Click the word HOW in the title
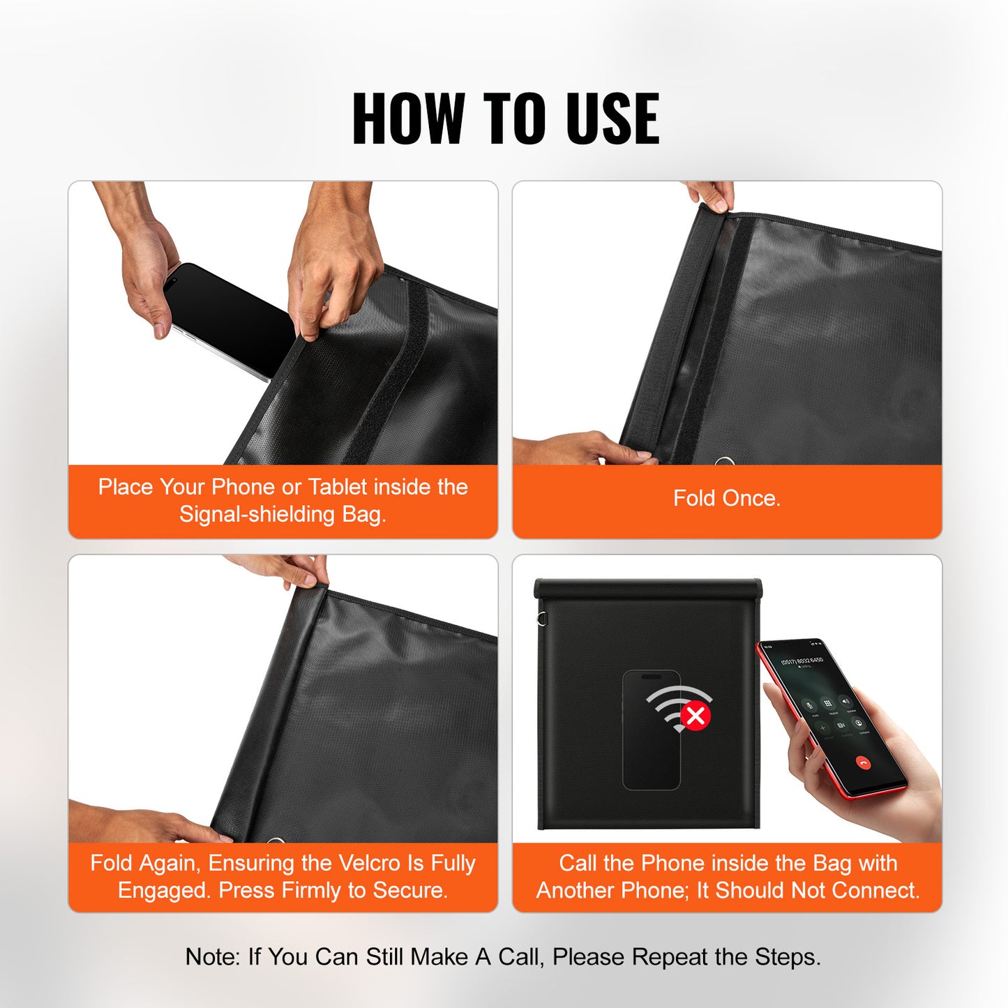pos(408,119)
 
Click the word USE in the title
pos(612,119)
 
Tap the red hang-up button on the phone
pos(864,763)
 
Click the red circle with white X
pos(695,716)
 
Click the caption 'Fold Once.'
pos(726,498)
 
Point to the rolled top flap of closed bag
pos(647,588)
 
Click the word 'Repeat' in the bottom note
pos(663,957)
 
